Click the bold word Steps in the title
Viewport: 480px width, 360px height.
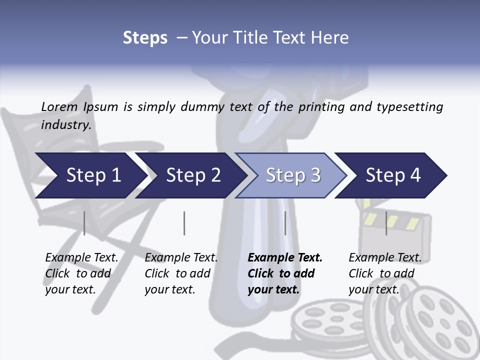point(145,38)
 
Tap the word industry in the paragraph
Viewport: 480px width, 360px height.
point(65,124)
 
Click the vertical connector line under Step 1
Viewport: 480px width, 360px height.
point(84,223)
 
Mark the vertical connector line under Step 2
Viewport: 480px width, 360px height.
point(184,223)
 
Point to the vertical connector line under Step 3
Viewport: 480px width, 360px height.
point(285,223)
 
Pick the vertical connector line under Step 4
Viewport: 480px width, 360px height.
point(386,223)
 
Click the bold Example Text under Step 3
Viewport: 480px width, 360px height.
point(285,258)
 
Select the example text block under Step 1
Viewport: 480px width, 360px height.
point(81,273)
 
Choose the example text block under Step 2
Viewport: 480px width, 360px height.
point(181,273)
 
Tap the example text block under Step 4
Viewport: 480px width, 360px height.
point(385,273)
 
